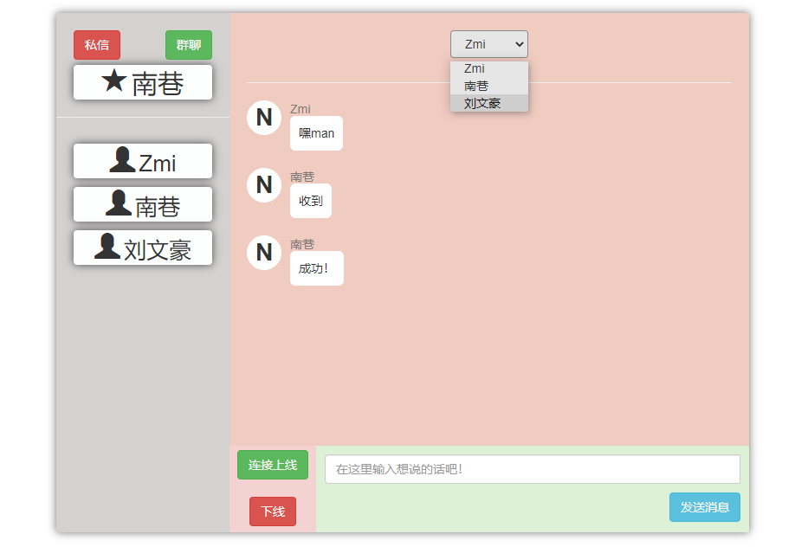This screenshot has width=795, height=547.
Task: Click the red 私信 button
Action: (x=97, y=45)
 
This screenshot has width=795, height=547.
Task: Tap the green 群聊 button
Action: (x=189, y=45)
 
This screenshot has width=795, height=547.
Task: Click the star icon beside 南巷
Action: (x=113, y=81)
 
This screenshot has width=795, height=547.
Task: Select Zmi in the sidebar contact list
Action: (x=143, y=162)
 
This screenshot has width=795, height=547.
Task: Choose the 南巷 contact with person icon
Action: (x=143, y=205)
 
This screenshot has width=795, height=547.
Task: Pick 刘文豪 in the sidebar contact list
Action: (x=143, y=248)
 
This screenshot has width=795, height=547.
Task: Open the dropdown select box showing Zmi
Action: (x=488, y=44)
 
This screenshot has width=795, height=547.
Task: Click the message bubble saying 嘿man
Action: (x=316, y=133)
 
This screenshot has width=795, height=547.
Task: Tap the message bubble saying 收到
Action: (x=310, y=201)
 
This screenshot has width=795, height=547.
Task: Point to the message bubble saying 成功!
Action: (x=316, y=268)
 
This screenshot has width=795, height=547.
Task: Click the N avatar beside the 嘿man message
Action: (x=264, y=118)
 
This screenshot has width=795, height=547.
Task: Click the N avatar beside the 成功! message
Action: (x=264, y=253)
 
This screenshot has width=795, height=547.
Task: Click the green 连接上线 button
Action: (x=273, y=465)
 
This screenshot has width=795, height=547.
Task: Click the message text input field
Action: (x=532, y=469)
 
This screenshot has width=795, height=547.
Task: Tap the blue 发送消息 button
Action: (x=704, y=507)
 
